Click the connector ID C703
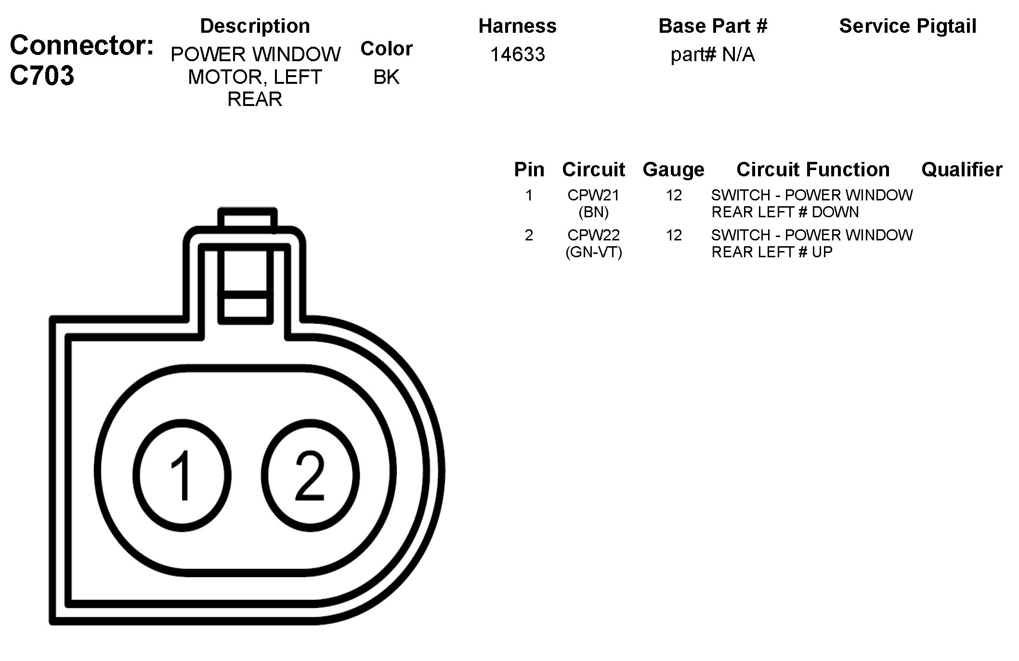(42, 76)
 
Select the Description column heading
(255, 26)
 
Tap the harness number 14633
(517, 54)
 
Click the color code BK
(386, 77)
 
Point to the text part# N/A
(712, 54)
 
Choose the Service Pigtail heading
(907, 26)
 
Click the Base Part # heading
(713, 26)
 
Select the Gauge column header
(673, 170)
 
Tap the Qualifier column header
(962, 170)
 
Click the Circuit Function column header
(813, 170)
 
